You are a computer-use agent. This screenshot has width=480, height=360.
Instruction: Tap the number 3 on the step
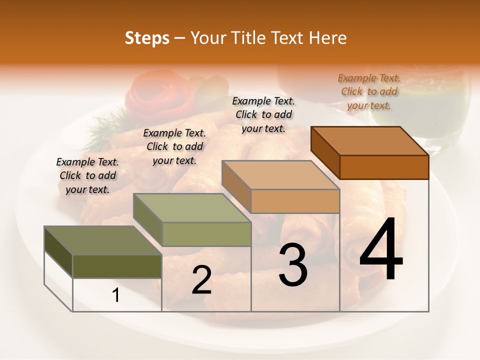(293, 265)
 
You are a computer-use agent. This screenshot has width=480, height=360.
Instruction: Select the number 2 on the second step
(201, 280)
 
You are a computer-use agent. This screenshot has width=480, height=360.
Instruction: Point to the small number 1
(116, 295)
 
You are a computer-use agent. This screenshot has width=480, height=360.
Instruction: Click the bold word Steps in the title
(147, 38)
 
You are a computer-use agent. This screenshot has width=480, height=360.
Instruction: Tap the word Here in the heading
(328, 38)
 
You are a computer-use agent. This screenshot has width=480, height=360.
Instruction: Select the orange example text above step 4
(369, 91)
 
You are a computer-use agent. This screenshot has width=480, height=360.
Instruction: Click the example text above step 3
(263, 114)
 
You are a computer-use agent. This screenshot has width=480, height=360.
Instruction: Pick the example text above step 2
(174, 146)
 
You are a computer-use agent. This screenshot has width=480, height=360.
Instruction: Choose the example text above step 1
(87, 175)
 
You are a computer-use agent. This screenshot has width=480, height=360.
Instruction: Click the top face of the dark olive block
(102, 240)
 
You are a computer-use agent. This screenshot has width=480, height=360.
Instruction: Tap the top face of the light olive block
(192, 208)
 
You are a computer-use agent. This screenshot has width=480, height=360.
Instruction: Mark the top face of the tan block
(281, 175)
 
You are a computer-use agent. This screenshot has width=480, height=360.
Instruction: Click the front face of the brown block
(384, 167)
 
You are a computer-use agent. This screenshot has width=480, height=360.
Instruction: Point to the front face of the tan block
(295, 201)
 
